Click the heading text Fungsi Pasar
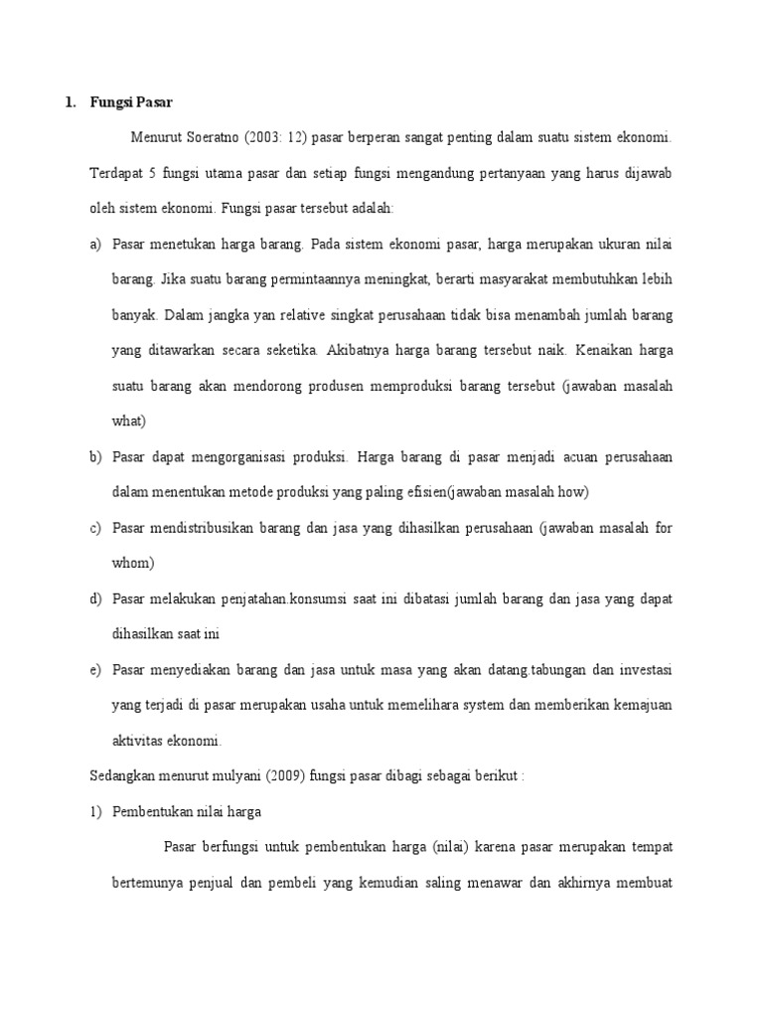point(131,102)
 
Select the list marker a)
point(95,244)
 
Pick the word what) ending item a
point(129,421)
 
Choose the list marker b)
point(95,456)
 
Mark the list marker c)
point(95,528)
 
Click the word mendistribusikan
point(213,528)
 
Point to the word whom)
point(133,563)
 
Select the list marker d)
point(95,598)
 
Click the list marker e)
point(95,669)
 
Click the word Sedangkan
point(125,775)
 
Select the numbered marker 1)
point(95,811)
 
